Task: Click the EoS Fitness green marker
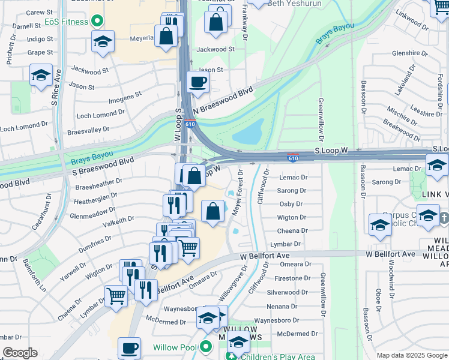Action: pos(100,22)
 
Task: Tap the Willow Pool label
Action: pos(175,347)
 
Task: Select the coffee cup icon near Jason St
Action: pos(197,82)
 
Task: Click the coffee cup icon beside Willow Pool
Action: pos(129,348)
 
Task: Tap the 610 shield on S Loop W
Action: pos(292,158)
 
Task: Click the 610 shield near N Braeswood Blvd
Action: pos(190,124)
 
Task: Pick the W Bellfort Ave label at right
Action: pos(390,254)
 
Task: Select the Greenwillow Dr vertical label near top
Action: pos(321,114)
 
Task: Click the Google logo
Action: pos(20,353)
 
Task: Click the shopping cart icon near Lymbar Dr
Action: pos(116,295)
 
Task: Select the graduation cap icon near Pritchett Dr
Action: pos(41,75)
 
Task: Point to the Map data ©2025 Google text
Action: pos(412,356)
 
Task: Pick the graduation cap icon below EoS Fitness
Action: pos(103,42)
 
